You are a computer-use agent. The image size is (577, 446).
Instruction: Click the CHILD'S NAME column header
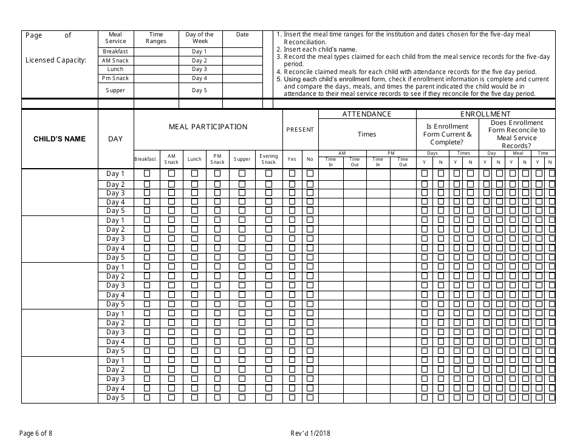tap(59, 139)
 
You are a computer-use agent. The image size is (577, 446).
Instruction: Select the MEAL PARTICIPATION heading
tap(208, 127)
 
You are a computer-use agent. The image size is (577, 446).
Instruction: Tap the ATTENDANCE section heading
tap(367, 114)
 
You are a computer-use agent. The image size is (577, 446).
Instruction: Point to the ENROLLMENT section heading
tap(485, 114)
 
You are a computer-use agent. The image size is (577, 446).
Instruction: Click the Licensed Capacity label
tap(56, 60)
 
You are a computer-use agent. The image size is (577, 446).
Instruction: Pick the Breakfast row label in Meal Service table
tap(115, 52)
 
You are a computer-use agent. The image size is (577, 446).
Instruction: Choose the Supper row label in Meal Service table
tap(115, 90)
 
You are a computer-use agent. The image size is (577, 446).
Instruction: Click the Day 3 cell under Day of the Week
tap(199, 70)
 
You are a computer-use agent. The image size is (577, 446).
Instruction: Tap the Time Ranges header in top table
tap(156, 38)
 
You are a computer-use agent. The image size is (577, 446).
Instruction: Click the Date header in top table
tap(242, 35)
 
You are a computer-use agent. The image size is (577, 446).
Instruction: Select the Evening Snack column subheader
tap(268, 159)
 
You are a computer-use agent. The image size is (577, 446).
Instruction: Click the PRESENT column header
tap(300, 129)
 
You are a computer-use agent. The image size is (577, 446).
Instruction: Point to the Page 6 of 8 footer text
tap(40, 433)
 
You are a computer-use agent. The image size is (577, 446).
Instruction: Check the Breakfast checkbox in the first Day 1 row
tap(146, 174)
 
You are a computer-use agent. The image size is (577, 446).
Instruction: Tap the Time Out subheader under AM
tap(355, 162)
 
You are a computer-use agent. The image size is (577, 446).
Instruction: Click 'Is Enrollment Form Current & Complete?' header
tap(447, 134)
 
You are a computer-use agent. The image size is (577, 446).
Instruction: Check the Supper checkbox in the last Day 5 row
tap(242, 398)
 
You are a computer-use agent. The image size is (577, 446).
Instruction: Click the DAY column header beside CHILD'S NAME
tap(115, 139)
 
